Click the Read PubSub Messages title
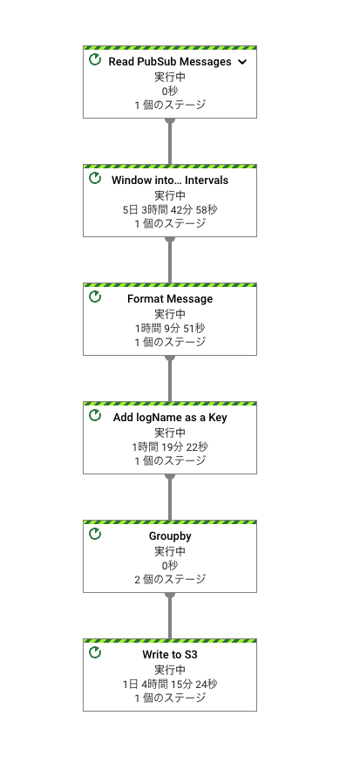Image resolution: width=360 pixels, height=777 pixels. click(170, 62)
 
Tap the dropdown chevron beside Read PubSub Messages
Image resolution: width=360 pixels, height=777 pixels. click(242, 62)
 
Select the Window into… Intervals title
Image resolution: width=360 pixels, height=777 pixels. click(170, 181)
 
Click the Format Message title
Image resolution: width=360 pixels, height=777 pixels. click(170, 299)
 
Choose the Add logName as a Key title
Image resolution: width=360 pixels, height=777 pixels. click(170, 417)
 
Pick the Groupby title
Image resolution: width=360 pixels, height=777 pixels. click(170, 536)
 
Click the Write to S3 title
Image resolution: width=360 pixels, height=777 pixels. click(170, 655)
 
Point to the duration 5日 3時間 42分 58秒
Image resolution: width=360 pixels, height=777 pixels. click(170, 209)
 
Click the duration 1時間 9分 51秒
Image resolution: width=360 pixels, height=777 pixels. click(170, 328)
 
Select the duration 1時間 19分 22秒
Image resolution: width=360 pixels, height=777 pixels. click(170, 447)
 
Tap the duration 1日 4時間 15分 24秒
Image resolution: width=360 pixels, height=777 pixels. click(170, 685)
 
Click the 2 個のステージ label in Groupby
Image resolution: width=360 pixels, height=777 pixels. click(170, 579)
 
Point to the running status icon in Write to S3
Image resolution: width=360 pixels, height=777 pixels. click(95, 652)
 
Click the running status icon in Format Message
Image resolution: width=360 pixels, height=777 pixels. click(95, 296)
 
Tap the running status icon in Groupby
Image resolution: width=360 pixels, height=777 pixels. click(95, 535)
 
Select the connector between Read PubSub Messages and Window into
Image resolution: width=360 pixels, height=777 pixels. click(170, 141)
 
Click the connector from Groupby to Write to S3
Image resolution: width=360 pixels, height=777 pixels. click(170, 616)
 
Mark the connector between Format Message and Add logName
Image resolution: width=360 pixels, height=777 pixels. click(170, 378)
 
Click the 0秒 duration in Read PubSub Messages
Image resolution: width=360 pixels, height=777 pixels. click(170, 92)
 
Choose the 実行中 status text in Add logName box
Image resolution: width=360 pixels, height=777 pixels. click(170, 433)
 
